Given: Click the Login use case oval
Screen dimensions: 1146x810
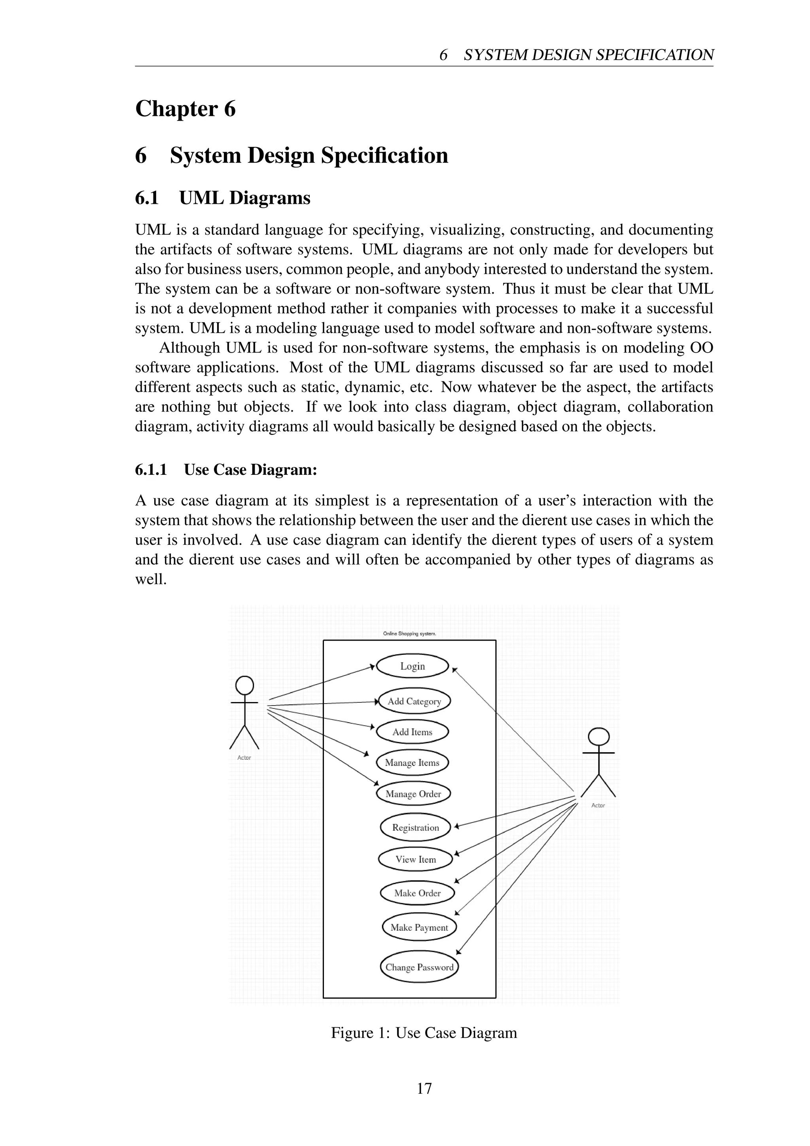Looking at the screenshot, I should pyautogui.click(x=413, y=666).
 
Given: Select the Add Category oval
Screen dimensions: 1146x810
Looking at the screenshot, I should pyautogui.click(x=414, y=701).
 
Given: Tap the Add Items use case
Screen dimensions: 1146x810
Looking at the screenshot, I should pyautogui.click(x=413, y=732).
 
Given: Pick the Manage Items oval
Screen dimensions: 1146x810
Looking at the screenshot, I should pyautogui.click(x=412, y=763).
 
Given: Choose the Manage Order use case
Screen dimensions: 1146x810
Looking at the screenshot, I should pyautogui.click(x=413, y=794).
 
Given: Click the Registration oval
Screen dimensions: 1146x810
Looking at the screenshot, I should pyautogui.click(x=415, y=827).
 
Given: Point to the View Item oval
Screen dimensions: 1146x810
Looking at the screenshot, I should pyautogui.click(x=415, y=859).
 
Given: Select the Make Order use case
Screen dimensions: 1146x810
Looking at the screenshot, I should pyautogui.click(x=418, y=893).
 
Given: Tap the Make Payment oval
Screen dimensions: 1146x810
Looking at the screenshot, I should pyautogui.click(x=419, y=928).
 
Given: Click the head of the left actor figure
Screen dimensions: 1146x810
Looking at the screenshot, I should pyautogui.click(x=244, y=685).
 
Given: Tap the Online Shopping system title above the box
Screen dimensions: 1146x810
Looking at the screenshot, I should pyautogui.click(x=409, y=634).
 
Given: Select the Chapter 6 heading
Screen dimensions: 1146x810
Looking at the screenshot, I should pyautogui.click(x=185, y=109).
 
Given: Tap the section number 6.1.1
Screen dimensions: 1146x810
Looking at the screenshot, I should pyautogui.click(x=151, y=470).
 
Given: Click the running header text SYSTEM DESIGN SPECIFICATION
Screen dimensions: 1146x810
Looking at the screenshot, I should pyautogui.click(x=589, y=55).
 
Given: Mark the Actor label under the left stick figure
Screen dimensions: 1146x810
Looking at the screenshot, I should pyautogui.click(x=244, y=758).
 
